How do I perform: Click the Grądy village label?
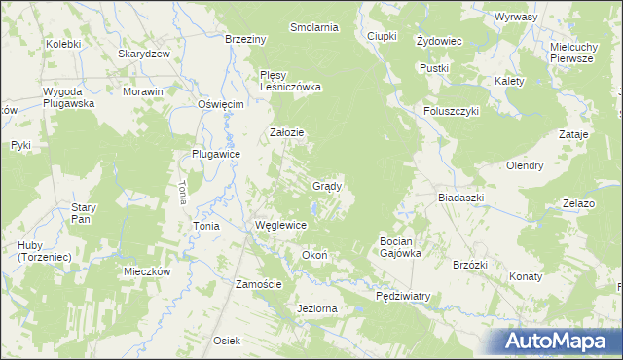(x=326, y=186)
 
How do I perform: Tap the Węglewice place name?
(x=280, y=225)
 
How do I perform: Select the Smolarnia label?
(x=314, y=27)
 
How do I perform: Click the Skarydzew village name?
(x=144, y=54)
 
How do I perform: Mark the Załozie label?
(x=287, y=133)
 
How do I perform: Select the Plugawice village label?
(x=216, y=154)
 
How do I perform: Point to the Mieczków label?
(x=148, y=271)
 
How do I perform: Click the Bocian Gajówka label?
(x=400, y=247)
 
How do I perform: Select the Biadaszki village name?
(x=460, y=197)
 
